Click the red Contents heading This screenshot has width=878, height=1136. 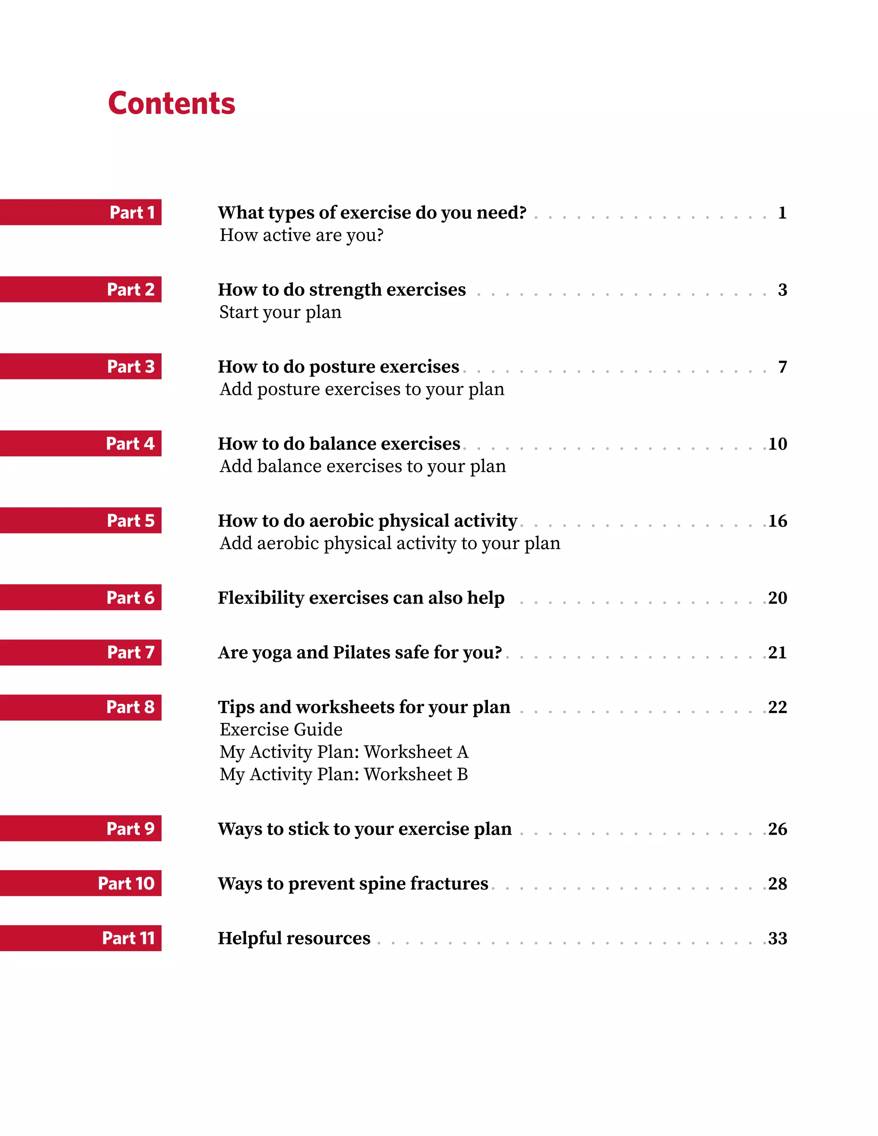coord(171,103)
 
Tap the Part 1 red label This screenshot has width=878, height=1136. coord(81,212)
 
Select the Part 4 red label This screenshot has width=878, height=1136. coord(81,443)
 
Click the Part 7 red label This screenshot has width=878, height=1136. coord(81,652)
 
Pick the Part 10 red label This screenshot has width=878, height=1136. coord(81,883)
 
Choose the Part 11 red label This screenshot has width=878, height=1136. coord(81,938)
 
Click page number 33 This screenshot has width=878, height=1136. coord(778,938)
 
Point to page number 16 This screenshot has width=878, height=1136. coord(778,521)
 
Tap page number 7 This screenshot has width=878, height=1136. coord(782,367)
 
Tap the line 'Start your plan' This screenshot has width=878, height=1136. coord(280,313)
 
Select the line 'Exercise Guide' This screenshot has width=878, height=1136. coord(281,729)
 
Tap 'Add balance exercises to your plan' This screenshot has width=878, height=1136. coord(363,466)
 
